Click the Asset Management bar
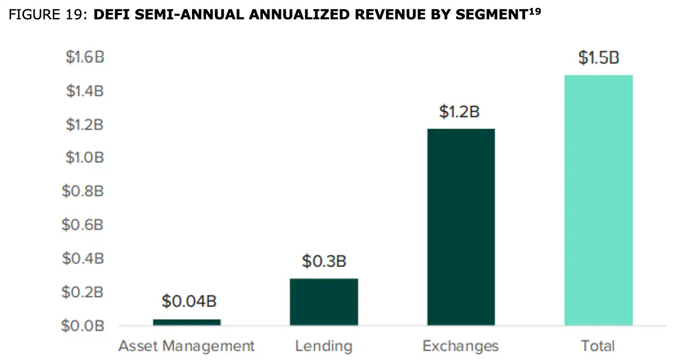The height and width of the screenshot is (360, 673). pyautogui.click(x=186, y=322)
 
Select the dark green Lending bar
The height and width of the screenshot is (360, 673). pyautogui.click(x=324, y=302)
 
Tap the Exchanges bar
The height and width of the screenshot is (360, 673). pyautogui.click(x=461, y=227)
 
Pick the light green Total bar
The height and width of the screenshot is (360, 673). pyautogui.click(x=598, y=200)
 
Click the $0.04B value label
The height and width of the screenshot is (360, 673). pyautogui.click(x=189, y=302)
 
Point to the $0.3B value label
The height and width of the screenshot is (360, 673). pyautogui.click(x=324, y=261)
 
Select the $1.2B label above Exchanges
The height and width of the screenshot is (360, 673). pyautogui.click(x=459, y=112)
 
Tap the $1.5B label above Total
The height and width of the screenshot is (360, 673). pyautogui.click(x=598, y=58)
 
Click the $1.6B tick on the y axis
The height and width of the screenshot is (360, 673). pyautogui.click(x=85, y=58)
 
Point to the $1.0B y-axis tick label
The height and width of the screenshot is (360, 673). pyautogui.click(x=85, y=158)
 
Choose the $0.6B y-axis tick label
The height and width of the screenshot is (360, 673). pyautogui.click(x=83, y=225)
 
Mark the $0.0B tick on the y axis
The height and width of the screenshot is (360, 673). pyautogui.click(x=83, y=326)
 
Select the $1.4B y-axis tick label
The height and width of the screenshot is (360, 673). pyautogui.click(x=85, y=91)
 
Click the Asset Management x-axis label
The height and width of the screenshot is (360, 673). pyautogui.click(x=186, y=346)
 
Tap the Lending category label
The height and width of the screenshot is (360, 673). pyautogui.click(x=324, y=346)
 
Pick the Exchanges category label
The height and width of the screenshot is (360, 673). pyautogui.click(x=460, y=346)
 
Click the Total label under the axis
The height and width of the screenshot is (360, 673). pyautogui.click(x=598, y=346)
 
